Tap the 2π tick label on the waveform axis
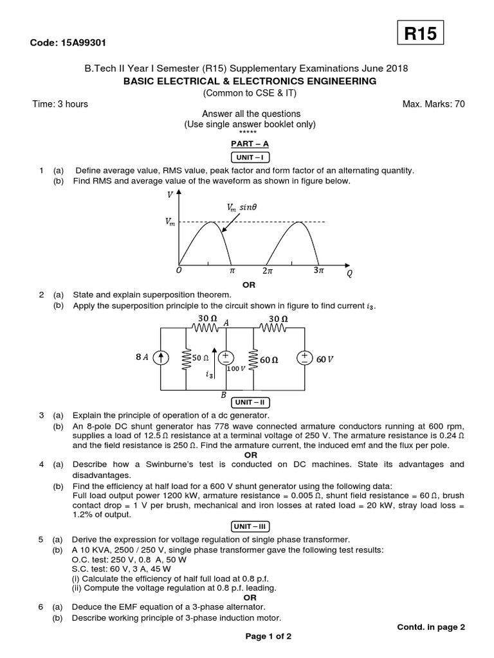[x=268, y=271]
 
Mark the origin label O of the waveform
[x=178, y=271]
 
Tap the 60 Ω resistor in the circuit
[x=250, y=359]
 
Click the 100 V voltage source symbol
[x=226, y=359]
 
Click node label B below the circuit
[x=224, y=396]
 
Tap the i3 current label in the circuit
[x=209, y=374]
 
